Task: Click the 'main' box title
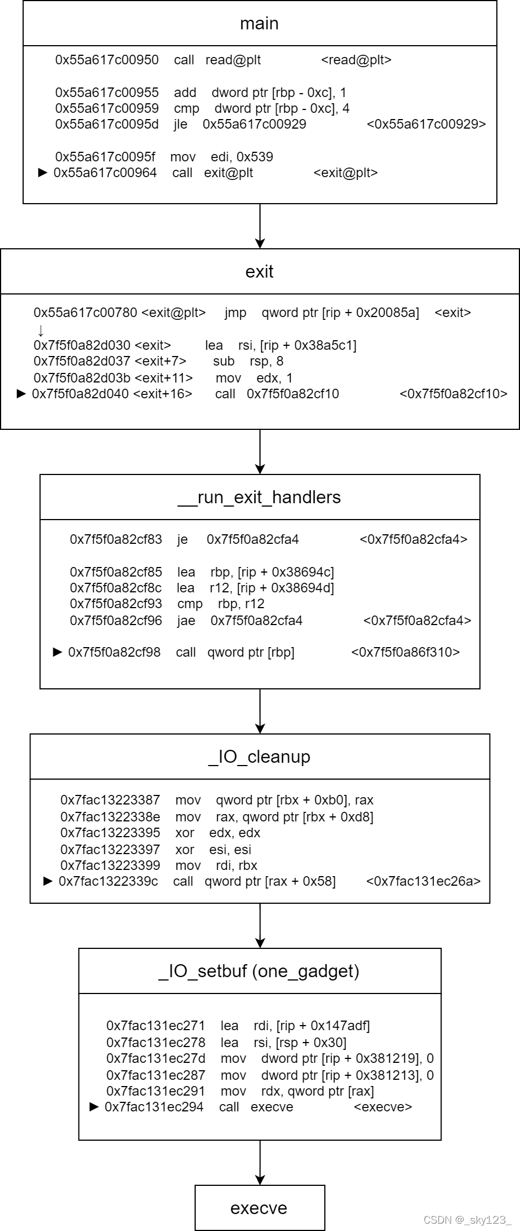pyautogui.click(x=259, y=24)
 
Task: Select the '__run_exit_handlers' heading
pyautogui.click(x=259, y=497)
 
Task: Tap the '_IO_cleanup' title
pyautogui.click(x=259, y=757)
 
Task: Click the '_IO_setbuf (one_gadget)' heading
pyautogui.click(x=259, y=971)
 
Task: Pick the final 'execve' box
pyautogui.click(x=259, y=1208)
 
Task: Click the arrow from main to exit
pyautogui.click(x=260, y=226)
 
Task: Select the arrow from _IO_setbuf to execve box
pyautogui.click(x=260, y=1162)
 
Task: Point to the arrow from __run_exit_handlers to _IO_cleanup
pyautogui.click(x=260, y=711)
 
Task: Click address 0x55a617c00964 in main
pyautogui.click(x=105, y=173)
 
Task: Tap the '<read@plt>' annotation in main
pyautogui.click(x=356, y=60)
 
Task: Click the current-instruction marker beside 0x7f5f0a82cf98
pyautogui.click(x=57, y=652)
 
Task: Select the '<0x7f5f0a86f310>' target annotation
pyautogui.click(x=406, y=652)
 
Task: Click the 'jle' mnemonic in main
pyautogui.click(x=180, y=124)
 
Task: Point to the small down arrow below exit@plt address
pyautogui.click(x=41, y=330)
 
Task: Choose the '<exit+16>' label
pyautogui.click(x=162, y=394)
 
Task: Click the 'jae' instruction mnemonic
pyautogui.click(x=186, y=621)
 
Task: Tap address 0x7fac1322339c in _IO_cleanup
pyautogui.click(x=109, y=881)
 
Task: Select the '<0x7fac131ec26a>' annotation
pyautogui.click(x=424, y=881)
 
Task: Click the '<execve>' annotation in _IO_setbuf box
pyautogui.click(x=383, y=1107)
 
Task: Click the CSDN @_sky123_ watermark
pyautogui.click(x=467, y=1220)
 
